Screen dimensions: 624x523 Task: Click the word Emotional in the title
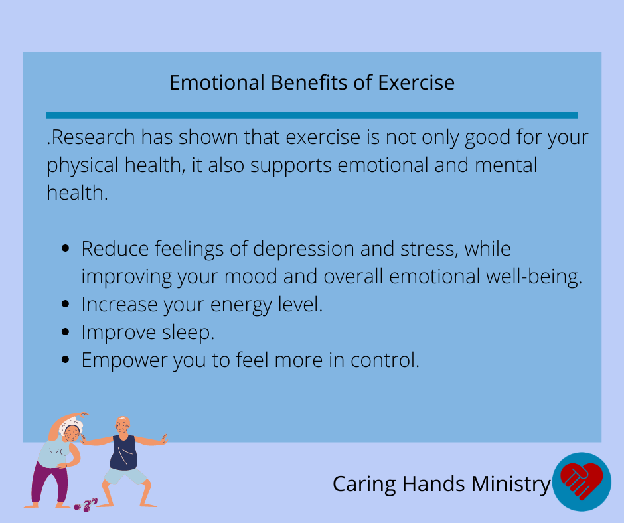click(x=217, y=83)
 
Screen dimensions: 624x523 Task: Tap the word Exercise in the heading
click(x=416, y=83)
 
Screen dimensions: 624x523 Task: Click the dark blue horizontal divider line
click(x=312, y=115)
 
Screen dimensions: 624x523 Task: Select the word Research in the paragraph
click(x=94, y=137)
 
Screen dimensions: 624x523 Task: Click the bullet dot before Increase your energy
click(x=66, y=304)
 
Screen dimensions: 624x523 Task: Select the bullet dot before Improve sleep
click(x=66, y=332)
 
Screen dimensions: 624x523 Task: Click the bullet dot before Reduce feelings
click(x=66, y=248)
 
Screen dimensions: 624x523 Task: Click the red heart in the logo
click(x=582, y=481)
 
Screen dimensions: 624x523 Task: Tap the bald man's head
click(x=123, y=425)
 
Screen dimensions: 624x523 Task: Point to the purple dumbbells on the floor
click(x=86, y=504)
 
